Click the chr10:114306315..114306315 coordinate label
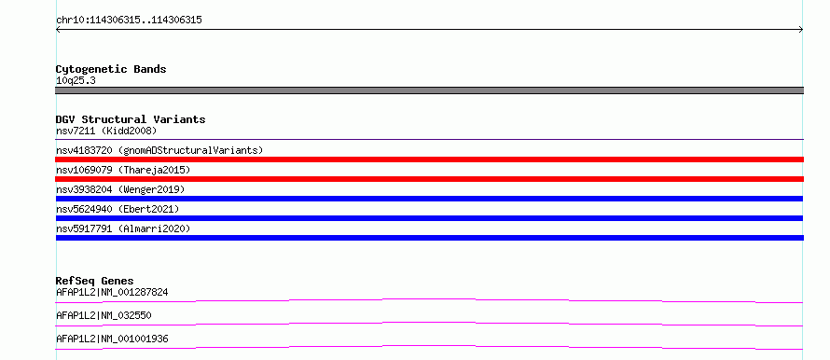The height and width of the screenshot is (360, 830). pyautogui.click(x=129, y=21)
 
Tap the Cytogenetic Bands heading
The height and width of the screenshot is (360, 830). pyautogui.click(x=111, y=69)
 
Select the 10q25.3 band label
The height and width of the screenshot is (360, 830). pyautogui.click(x=76, y=81)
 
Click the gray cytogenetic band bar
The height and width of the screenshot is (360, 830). pyautogui.click(x=429, y=90)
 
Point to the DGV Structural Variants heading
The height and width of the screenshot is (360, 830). pyautogui.click(x=131, y=119)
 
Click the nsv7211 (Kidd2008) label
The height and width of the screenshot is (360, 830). pyautogui.click(x=106, y=131)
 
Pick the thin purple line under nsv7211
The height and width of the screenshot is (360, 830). pyautogui.click(x=429, y=139)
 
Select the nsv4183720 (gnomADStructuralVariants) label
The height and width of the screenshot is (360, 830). pyautogui.click(x=159, y=150)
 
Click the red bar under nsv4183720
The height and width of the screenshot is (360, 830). pyautogui.click(x=429, y=159)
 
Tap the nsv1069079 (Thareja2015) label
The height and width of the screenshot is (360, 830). pyautogui.click(x=123, y=170)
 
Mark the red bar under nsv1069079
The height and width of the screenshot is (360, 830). pyautogui.click(x=429, y=179)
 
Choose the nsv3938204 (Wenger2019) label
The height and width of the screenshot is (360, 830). pyautogui.click(x=120, y=189)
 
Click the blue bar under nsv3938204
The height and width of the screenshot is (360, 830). pyautogui.click(x=429, y=199)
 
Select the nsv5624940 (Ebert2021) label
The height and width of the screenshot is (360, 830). pyautogui.click(x=118, y=209)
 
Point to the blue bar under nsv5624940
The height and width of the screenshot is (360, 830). pyautogui.click(x=429, y=218)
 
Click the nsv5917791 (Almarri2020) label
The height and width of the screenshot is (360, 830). pyautogui.click(x=123, y=228)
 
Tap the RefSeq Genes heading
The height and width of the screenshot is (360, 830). pyautogui.click(x=95, y=281)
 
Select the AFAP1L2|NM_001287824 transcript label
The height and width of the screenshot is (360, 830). pyautogui.click(x=112, y=292)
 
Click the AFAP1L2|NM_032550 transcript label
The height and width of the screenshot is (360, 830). pyautogui.click(x=104, y=315)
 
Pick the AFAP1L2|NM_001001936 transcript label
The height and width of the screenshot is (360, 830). pyautogui.click(x=112, y=339)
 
